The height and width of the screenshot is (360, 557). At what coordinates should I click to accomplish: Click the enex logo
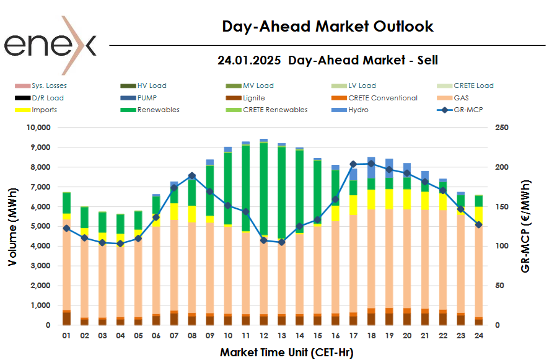(x=50, y=45)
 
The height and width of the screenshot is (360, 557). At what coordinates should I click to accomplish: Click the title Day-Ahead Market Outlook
(x=327, y=27)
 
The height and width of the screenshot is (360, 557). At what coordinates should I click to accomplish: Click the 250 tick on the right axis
(x=502, y=128)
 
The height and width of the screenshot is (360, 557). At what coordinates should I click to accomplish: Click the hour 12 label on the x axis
(x=264, y=335)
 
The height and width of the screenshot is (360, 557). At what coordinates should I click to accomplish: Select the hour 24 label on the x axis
(x=480, y=335)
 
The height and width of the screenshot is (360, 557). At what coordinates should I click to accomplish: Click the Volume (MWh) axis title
(x=12, y=226)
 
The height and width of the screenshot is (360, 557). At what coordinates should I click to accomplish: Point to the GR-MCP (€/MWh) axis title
(x=526, y=226)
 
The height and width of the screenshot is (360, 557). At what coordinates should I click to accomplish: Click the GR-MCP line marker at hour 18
(x=371, y=164)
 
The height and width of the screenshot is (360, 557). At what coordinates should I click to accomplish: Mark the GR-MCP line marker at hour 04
(x=120, y=244)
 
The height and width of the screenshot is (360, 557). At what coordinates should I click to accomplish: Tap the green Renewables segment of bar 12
(x=264, y=186)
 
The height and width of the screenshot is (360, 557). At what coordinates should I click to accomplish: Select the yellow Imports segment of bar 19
(x=389, y=198)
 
